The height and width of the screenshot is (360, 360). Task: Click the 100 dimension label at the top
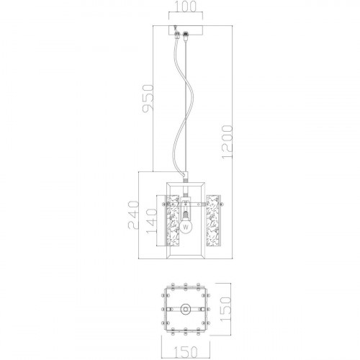click(x=186, y=6)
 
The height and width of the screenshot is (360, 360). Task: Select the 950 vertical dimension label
click(x=148, y=99)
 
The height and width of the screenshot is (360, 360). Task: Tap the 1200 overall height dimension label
click(x=228, y=142)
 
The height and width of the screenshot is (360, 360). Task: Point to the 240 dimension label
click(x=133, y=215)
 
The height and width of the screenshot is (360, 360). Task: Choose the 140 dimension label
click(x=151, y=221)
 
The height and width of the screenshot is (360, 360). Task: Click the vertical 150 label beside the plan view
click(x=225, y=309)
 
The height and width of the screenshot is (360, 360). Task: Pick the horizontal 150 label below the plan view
click(x=186, y=352)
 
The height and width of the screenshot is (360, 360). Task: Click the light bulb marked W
click(x=186, y=227)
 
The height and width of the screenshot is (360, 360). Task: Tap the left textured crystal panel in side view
click(x=173, y=220)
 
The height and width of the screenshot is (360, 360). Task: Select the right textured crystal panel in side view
click(x=212, y=220)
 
